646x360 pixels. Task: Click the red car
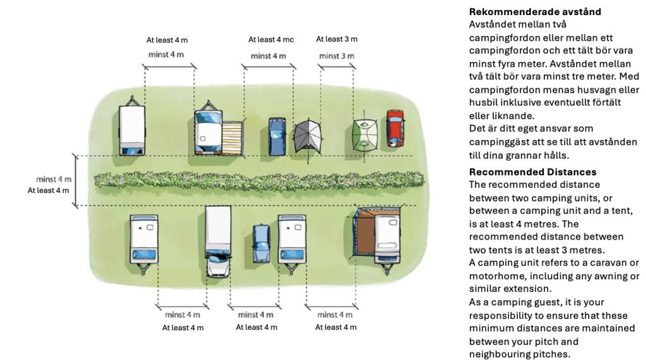[395, 128]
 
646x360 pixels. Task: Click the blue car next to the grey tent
[278, 136]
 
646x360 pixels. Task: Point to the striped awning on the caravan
[232, 138]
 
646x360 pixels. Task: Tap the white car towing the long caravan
[218, 264]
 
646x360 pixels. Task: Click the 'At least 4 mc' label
[271, 40]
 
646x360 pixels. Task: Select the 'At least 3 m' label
[337, 39]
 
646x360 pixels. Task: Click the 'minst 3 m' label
[337, 56]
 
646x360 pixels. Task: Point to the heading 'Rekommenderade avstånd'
[535, 11]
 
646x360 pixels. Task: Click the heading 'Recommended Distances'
[532, 171]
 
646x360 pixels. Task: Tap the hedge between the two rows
[259, 180]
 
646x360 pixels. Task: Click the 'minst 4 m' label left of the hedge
[54, 179]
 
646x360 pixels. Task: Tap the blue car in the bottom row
[261, 244]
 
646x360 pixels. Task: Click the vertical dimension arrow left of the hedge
[76, 181]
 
